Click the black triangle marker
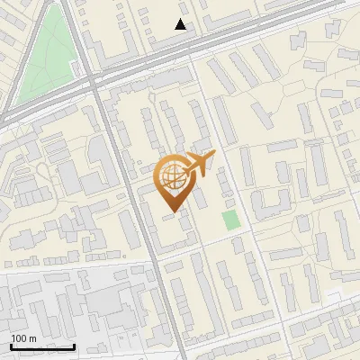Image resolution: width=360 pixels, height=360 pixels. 181,24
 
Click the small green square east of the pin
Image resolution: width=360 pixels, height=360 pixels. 231,220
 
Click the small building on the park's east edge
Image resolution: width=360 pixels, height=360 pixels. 76,67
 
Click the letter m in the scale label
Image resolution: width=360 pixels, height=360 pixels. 32,338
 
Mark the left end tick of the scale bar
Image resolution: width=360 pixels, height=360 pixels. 11,345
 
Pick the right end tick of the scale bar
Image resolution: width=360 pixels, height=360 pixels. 74,345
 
